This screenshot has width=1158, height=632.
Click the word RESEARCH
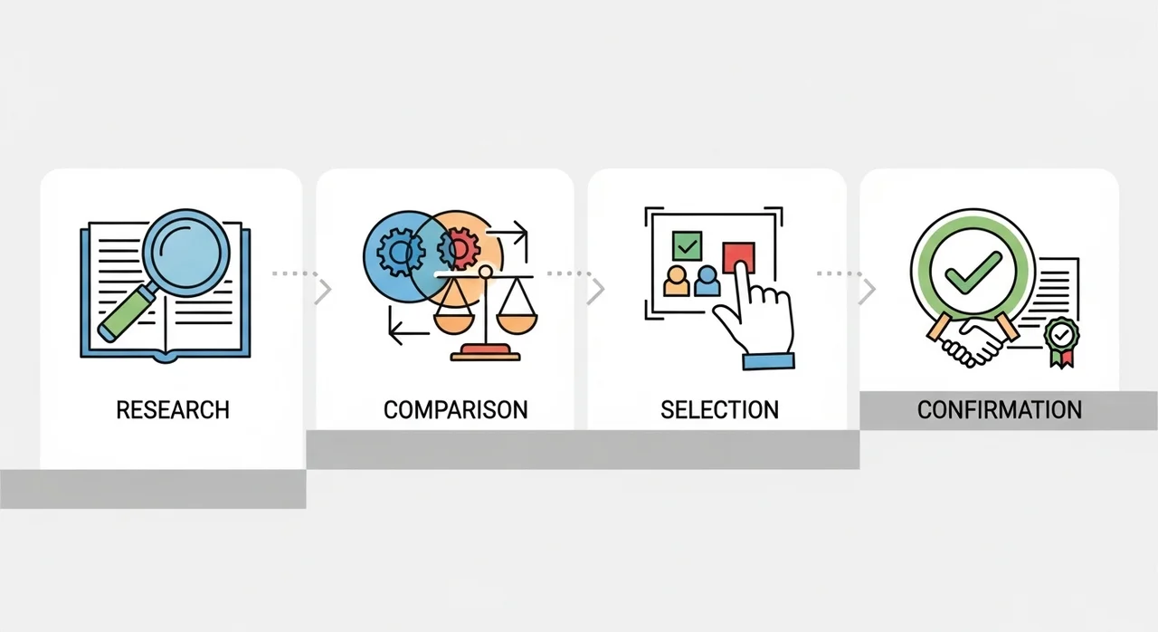173,410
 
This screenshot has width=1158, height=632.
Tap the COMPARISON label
455,410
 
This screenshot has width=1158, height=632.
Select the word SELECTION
719,410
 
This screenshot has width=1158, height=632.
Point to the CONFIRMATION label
1000,410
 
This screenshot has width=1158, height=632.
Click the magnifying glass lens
186,253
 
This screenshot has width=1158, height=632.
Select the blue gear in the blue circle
401,252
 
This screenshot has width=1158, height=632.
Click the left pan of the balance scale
453,324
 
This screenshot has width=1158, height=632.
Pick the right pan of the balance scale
517,324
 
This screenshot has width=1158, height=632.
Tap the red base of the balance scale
486,353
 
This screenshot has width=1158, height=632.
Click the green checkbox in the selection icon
687,246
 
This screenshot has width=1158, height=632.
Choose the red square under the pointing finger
738,257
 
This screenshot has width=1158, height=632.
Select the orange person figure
677,282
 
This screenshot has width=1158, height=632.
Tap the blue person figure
707,282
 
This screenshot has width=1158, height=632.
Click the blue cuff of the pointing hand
768,361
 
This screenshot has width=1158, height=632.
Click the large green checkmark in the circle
973,273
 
